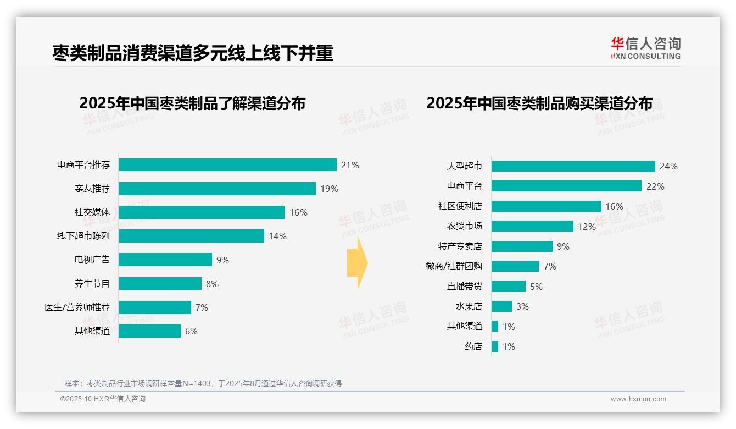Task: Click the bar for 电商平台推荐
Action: pos(227,165)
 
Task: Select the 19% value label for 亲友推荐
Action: pos(330,189)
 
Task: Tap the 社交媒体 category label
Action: pos(92,212)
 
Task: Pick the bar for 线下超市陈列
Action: pos(191,236)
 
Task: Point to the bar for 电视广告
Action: pos(165,260)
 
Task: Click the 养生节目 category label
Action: pos(92,284)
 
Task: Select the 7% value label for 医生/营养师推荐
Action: pos(202,307)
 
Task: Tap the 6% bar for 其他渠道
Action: pos(149,331)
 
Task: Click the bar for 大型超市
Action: pos(573,166)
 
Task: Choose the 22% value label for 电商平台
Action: pos(655,186)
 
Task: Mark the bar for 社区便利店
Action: pos(546,206)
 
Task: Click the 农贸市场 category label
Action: pos(464,226)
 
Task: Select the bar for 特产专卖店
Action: pos(522,246)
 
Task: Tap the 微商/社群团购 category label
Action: pos(454,266)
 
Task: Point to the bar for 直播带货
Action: pos(509,286)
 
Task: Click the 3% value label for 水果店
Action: pos(522,306)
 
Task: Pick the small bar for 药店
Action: pos(495,346)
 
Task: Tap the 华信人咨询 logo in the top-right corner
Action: pos(645,48)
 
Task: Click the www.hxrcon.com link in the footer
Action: pos(638,399)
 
